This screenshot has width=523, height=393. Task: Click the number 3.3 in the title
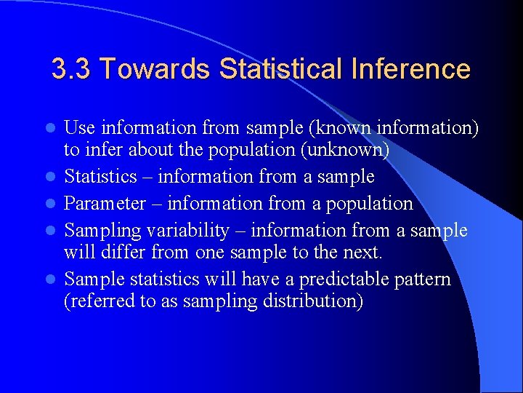pos(70,70)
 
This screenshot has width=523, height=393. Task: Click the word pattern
pos(421,279)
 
